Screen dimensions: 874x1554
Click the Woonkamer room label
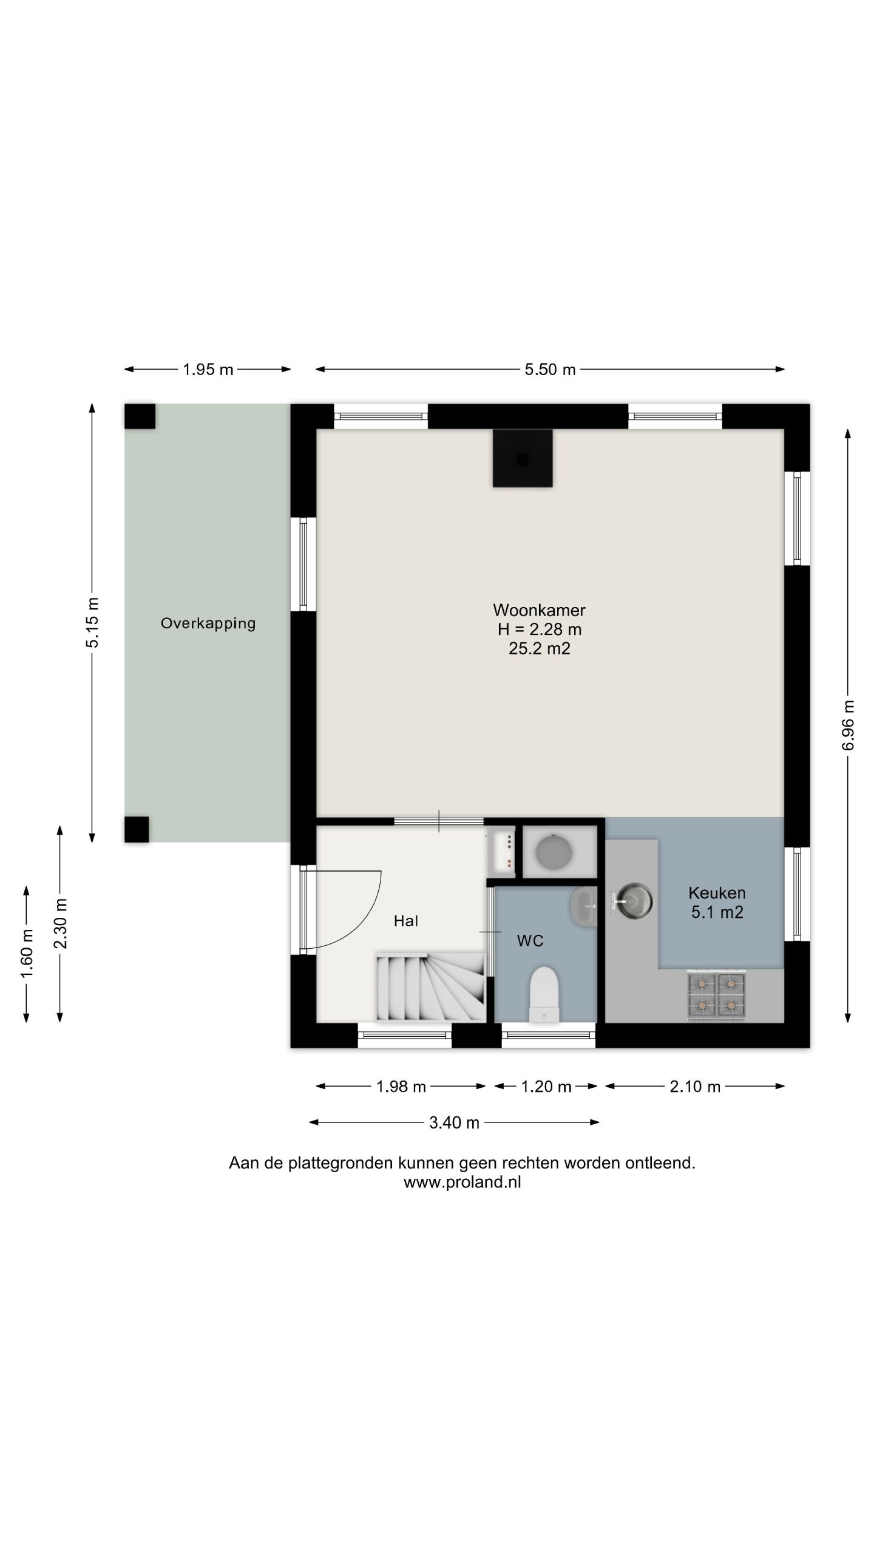[x=539, y=610]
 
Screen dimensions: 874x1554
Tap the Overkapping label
[x=208, y=623]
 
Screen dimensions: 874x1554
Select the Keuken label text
[x=717, y=893]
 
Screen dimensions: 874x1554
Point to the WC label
[x=530, y=941]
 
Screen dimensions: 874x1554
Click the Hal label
[x=405, y=921]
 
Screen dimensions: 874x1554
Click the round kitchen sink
[x=632, y=902]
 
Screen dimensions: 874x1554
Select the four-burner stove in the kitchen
[x=716, y=994]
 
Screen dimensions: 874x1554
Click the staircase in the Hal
[x=431, y=987]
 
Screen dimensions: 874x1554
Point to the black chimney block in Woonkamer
[x=523, y=458]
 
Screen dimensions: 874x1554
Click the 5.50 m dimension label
[x=550, y=370]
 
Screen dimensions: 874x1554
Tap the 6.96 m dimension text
[x=848, y=725]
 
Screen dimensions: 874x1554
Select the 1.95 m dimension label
[x=208, y=370]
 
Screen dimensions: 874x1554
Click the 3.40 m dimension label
[x=454, y=1123]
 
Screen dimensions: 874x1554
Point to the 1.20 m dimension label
[x=546, y=1087]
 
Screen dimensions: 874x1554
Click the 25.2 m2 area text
[x=539, y=649]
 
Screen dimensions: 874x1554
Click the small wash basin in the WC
[x=584, y=906]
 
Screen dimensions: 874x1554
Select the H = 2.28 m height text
[x=539, y=629]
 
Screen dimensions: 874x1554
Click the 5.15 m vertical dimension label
[x=92, y=623]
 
